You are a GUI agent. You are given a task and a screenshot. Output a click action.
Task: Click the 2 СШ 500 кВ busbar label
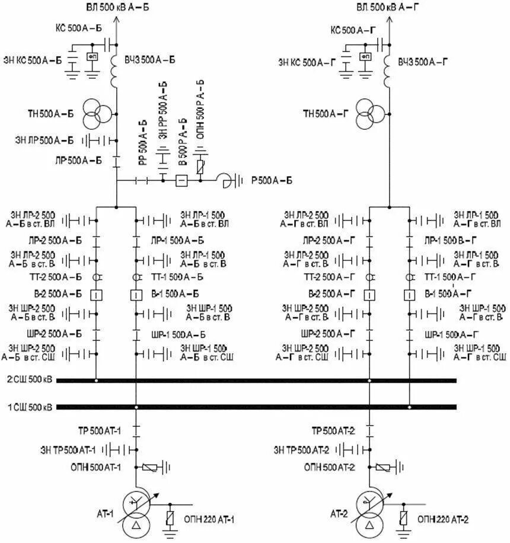pyautogui.click(x=29, y=379)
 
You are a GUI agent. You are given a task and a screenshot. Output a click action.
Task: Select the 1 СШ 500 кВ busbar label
pyautogui.click(x=29, y=407)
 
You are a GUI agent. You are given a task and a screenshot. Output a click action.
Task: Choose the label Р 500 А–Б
pyautogui.click(x=272, y=180)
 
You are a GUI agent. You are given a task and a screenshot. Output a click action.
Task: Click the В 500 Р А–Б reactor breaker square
pyautogui.click(x=182, y=180)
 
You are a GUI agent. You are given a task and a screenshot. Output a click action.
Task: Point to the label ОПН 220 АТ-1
pyautogui.click(x=211, y=520)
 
